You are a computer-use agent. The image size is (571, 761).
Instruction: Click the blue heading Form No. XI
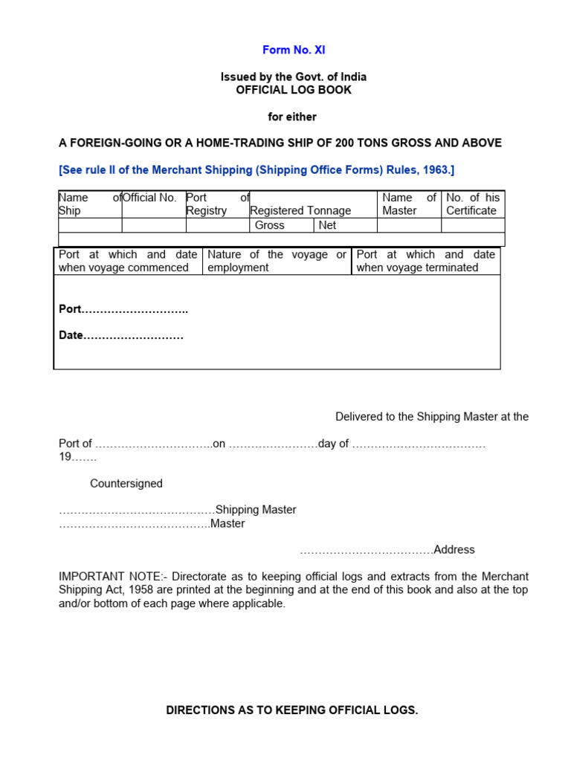pyautogui.click(x=294, y=51)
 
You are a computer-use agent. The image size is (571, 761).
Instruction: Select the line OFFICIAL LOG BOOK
pyautogui.click(x=294, y=90)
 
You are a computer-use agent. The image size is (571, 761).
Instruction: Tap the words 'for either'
pyautogui.click(x=292, y=117)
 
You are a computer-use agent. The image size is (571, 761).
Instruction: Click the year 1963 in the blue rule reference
pyautogui.click(x=435, y=170)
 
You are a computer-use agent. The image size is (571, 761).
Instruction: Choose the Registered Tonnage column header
pyautogui.click(x=300, y=210)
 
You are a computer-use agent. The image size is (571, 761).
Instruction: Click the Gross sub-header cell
pyautogui.click(x=269, y=225)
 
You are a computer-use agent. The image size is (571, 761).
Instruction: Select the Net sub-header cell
pyautogui.click(x=327, y=225)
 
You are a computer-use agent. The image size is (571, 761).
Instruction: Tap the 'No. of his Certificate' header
pyautogui.click(x=473, y=204)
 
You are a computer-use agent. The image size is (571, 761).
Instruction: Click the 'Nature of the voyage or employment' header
pyautogui.click(x=277, y=261)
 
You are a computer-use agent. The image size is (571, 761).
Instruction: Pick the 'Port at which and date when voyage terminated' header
pyautogui.click(x=425, y=261)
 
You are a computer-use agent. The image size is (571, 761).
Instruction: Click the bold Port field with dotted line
pyautogui.click(x=123, y=309)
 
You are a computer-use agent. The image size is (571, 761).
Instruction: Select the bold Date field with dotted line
pyautogui.click(x=120, y=336)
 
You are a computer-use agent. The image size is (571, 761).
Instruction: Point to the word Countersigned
pyautogui.click(x=126, y=484)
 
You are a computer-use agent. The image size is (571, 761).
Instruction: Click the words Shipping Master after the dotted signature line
pyautogui.click(x=256, y=510)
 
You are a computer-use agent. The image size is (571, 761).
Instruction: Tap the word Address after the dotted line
pyautogui.click(x=454, y=550)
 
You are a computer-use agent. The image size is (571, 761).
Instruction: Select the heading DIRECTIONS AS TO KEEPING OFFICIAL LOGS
pyautogui.click(x=291, y=710)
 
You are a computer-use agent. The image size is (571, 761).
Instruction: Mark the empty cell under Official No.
pyautogui.click(x=153, y=225)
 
